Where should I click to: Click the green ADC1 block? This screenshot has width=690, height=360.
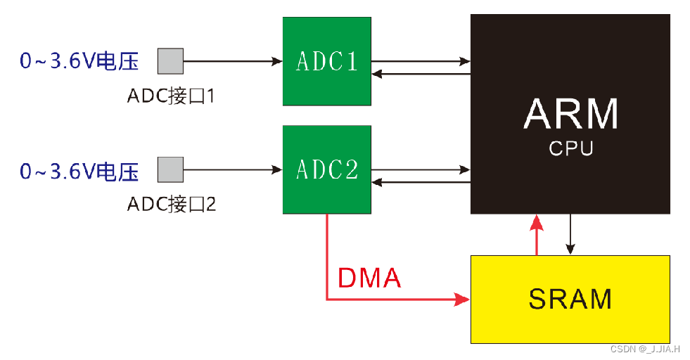[x=326, y=61]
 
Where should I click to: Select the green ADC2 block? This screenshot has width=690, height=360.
[x=326, y=169]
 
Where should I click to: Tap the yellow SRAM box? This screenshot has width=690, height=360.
[x=570, y=299]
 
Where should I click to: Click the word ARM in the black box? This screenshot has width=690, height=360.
[x=570, y=114]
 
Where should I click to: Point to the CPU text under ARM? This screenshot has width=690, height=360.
[x=570, y=149]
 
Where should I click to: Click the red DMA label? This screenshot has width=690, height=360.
[x=369, y=278]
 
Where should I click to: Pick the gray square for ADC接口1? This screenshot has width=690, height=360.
[x=170, y=61]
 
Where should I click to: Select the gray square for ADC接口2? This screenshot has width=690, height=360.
[x=170, y=169]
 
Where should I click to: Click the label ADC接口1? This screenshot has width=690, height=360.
[x=170, y=96]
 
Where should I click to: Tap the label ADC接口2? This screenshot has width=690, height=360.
[x=171, y=205]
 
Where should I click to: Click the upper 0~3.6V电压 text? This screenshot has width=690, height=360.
[x=79, y=62]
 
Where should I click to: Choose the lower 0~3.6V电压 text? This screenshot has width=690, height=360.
[x=79, y=171]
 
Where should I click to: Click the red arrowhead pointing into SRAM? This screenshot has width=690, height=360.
[x=462, y=300]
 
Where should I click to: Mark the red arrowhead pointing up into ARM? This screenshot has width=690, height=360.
[x=537, y=224]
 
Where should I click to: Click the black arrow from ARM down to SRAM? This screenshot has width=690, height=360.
[x=570, y=236]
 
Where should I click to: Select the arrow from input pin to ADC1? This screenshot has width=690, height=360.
[x=232, y=61]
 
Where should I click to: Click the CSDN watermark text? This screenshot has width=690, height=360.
[x=644, y=349]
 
